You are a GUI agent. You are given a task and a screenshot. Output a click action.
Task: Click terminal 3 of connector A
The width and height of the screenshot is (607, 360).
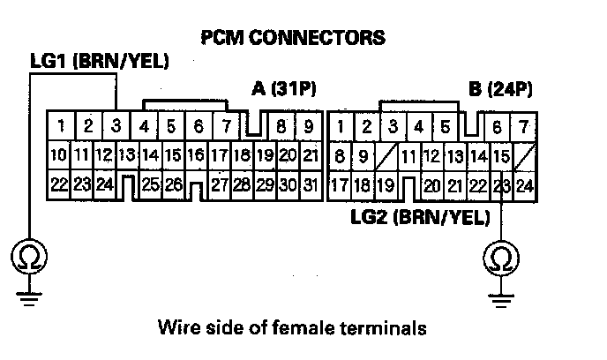click(x=116, y=125)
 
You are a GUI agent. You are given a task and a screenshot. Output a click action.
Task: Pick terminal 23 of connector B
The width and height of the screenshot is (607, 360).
click(x=501, y=186)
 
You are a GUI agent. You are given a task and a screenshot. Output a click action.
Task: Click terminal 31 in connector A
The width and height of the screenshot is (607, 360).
click(x=309, y=186)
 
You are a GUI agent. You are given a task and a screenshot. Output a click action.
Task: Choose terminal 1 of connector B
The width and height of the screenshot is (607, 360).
click(x=342, y=126)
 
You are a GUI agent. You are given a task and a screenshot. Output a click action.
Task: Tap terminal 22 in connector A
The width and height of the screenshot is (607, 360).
click(x=58, y=186)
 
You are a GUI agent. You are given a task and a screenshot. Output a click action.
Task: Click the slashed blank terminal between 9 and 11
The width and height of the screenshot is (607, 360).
click(x=386, y=156)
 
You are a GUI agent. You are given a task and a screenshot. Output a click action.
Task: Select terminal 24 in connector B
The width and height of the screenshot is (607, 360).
click(x=524, y=186)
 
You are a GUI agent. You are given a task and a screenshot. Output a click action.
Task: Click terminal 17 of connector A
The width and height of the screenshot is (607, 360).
click(x=219, y=156)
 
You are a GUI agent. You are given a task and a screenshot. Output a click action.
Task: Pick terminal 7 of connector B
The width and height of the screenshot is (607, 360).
click(x=524, y=126)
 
